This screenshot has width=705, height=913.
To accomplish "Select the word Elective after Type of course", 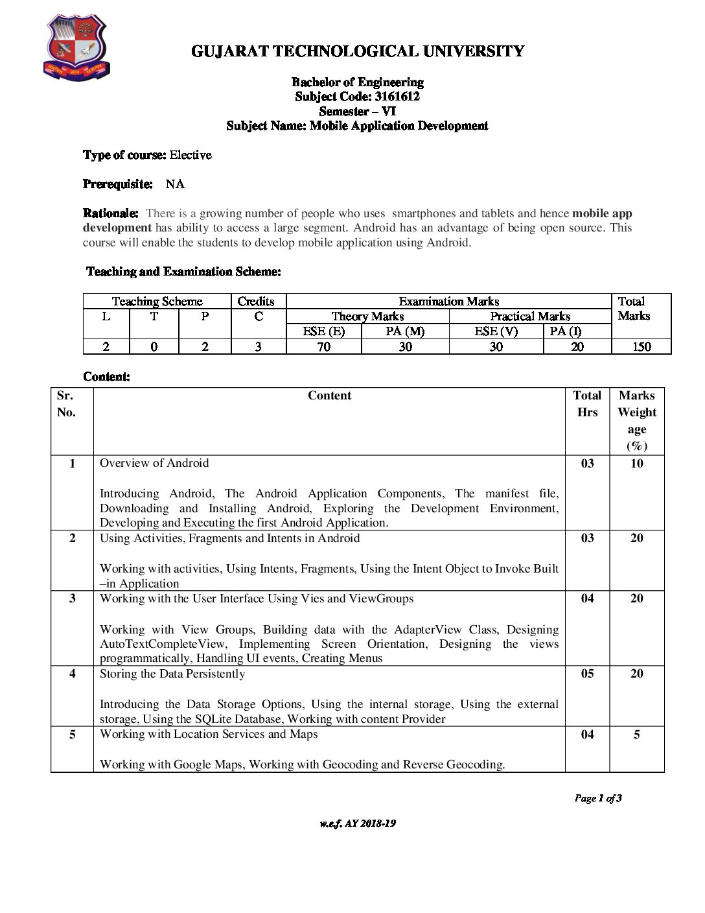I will coord(191,155).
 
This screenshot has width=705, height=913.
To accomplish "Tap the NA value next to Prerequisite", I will coord(175,184).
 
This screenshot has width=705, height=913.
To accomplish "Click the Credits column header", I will coord(256,301).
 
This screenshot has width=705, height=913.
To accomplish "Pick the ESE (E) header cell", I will coord(323,331).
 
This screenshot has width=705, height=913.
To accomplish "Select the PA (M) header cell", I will coord(405,331).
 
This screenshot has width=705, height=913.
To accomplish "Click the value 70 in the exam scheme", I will coord(323,347).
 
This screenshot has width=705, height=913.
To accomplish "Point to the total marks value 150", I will coord(641,347).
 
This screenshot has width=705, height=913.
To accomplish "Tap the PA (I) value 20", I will coord(577,347).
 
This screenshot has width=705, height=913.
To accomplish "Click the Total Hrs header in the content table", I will coord(587,403).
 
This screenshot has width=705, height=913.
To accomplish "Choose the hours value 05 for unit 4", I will coord(587,674).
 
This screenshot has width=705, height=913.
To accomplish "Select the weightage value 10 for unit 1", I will coord(637,464).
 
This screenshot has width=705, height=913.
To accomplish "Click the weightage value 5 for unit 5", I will coord(637,735).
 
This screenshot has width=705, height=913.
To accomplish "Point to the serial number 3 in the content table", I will coord(72,599).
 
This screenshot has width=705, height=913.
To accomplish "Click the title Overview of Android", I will coord(154,463).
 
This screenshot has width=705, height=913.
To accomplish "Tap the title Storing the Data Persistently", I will coord(172,674).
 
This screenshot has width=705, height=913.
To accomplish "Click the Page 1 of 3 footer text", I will coord(597,798).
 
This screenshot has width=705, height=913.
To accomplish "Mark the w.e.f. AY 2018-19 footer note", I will coord(357,824).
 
